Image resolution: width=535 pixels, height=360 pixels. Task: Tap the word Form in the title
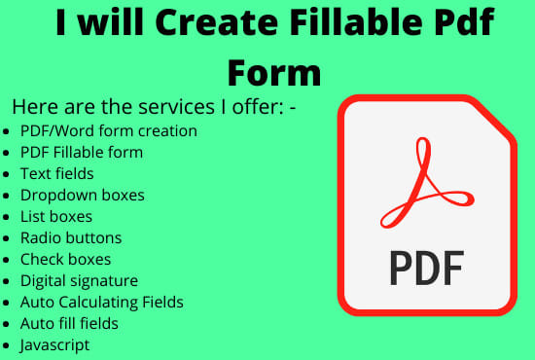coord(273,71)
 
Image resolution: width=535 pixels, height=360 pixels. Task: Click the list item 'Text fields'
coord(56,173)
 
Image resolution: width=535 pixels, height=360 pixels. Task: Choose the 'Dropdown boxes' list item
coord(82,195)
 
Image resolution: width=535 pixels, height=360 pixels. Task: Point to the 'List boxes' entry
coord(55,216)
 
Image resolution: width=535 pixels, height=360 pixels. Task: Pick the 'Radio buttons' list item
coord(71,237)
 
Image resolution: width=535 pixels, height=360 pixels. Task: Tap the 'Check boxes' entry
coord(65,259)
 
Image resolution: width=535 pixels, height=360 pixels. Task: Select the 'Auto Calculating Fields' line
coord(101,302)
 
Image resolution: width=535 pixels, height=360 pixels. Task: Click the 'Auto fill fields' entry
coord(69,323)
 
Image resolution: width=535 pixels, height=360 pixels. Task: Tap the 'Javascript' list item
coord(54,344)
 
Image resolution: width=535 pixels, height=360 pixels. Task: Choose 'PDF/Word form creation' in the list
coord(108,130)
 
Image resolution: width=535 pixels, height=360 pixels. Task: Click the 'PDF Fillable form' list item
coord(81,152)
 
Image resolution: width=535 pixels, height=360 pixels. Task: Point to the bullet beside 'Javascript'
coord(8,345)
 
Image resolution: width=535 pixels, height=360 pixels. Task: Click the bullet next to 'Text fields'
coord(8,174)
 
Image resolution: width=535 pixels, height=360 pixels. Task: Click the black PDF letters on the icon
coord(420,267)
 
